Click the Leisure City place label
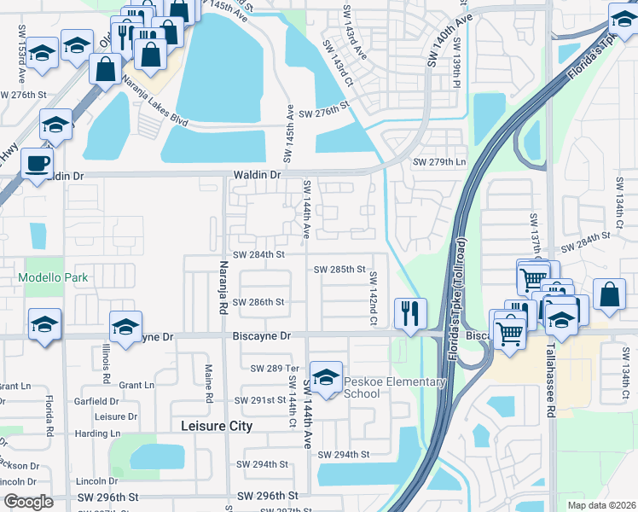click(x=217, y=426)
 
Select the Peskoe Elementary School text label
click(x=394, y=387)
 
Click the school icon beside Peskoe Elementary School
click(x=325, y=376)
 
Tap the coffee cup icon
click(x=37, y=162)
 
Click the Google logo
click(x=28, y=502)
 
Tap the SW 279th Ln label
click(x=440, y=162)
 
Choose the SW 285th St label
click(x=339, y=269)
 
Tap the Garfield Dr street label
click(x=96, y=401)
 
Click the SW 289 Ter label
click(x=272, y=368)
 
